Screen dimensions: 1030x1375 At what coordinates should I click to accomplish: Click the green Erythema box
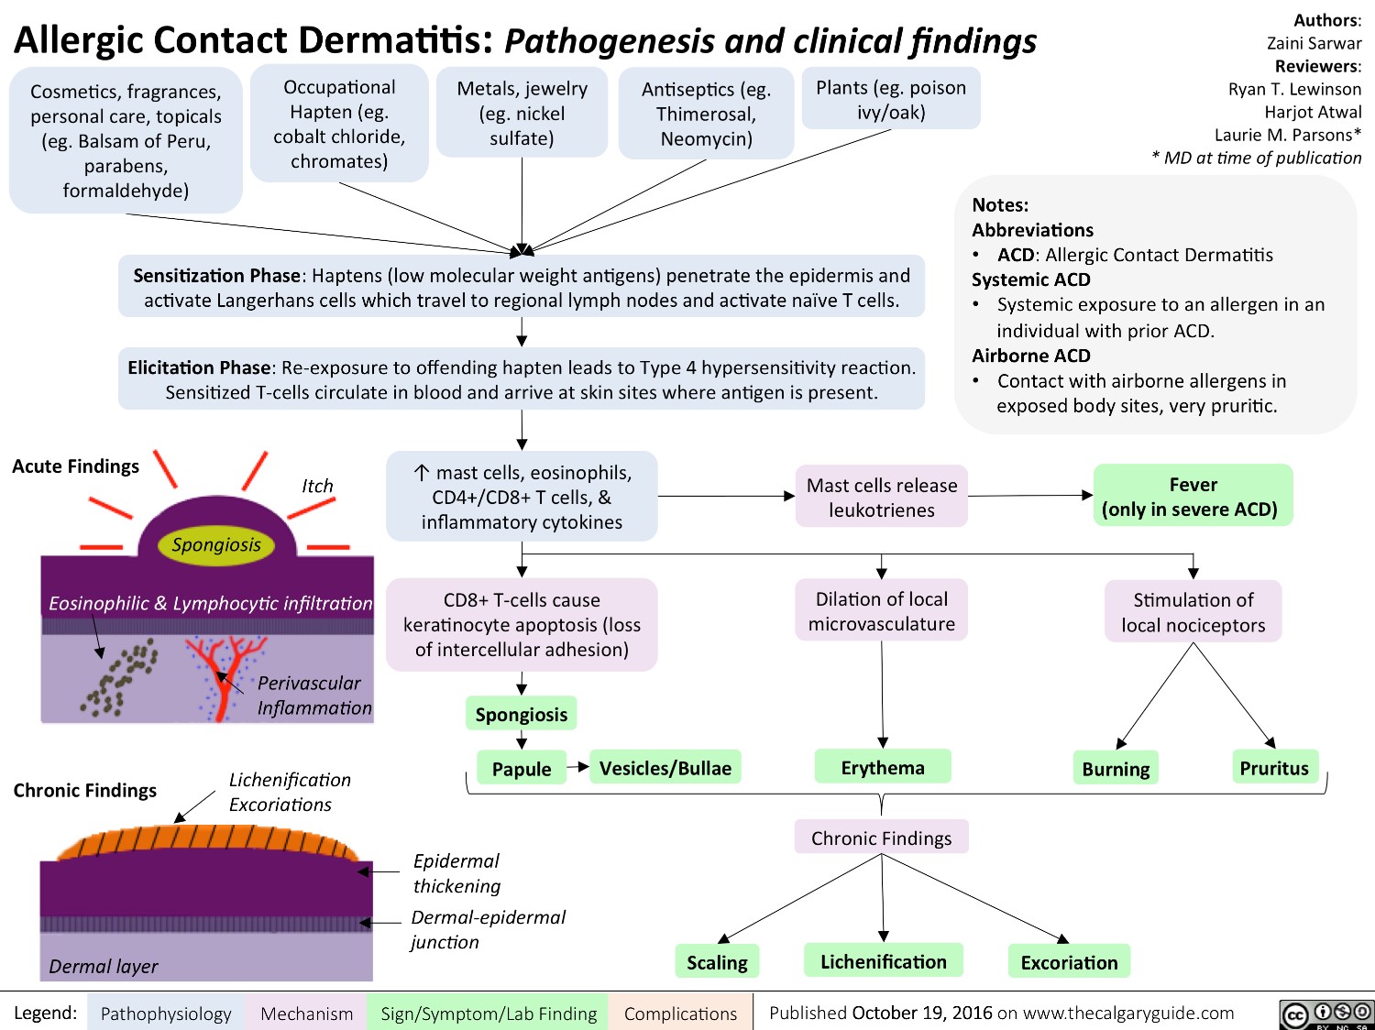click(883, 767)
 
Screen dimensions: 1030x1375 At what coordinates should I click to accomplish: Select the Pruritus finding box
click(1274, 768)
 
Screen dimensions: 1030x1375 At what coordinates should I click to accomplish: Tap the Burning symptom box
click(1116, 769)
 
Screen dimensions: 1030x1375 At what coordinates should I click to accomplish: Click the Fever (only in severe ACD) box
click(1193, 496)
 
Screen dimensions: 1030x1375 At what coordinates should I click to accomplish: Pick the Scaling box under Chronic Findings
click(717, 962)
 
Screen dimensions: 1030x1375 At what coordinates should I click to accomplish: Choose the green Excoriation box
click(1069, 962)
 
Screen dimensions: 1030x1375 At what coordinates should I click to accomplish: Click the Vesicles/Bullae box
click(665, 768)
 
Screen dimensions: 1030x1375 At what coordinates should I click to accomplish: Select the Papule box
click(521, 769)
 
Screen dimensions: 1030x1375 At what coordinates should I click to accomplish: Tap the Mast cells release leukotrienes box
click(882, 497)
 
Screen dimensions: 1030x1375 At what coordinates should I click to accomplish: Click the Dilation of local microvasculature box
click(882, 611)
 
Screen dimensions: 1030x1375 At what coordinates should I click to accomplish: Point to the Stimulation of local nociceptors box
click(1193, 612)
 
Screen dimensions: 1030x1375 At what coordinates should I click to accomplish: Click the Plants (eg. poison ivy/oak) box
click(891, 99)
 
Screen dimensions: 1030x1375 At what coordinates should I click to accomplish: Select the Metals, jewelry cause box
click(522, 113)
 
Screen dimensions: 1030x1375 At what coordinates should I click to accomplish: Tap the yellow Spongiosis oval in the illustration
click(216, 544)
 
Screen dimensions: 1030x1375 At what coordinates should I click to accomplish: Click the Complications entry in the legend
click(680, 1014)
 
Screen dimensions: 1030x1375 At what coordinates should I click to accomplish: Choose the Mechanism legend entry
click(306, 1014)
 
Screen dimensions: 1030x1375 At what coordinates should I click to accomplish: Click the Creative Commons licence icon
click(1325, 1014)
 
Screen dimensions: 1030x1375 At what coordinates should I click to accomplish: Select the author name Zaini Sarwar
click(1314, 43)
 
